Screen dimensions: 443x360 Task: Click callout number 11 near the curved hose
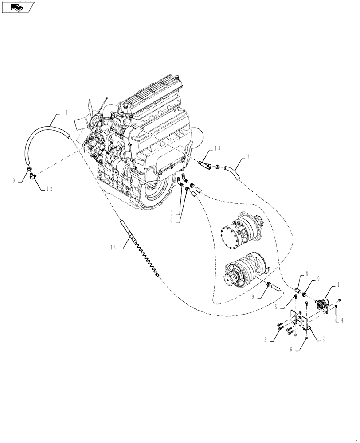(x=65, y=113)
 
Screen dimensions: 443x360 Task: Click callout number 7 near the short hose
(x=248, y=157)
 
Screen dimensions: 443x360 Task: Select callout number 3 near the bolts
(x=265, y=340)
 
